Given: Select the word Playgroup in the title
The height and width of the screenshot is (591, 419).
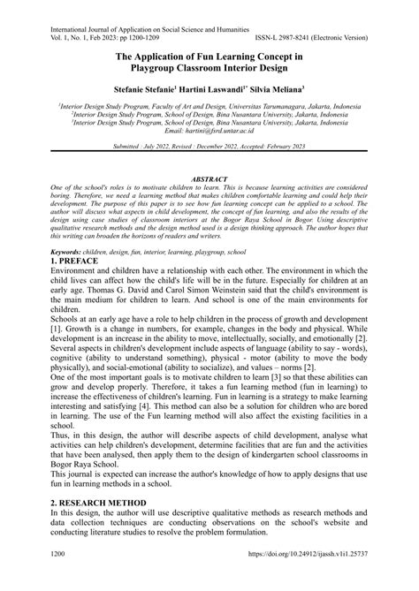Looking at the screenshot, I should coord(164,69).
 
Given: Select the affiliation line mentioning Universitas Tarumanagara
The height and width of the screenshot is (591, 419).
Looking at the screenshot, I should coord(209,103).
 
